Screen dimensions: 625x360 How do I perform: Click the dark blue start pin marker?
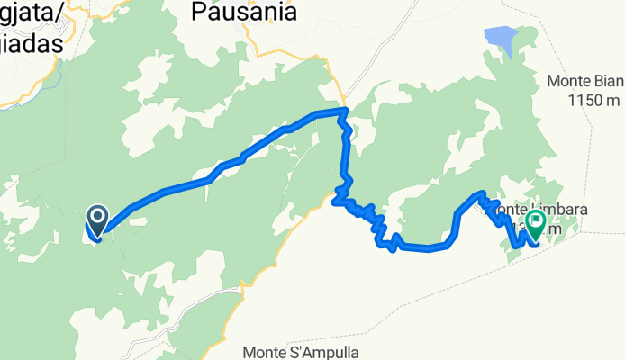(96, 219)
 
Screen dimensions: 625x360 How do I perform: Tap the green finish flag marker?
(538, 221)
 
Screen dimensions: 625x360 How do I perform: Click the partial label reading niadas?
(32, 42)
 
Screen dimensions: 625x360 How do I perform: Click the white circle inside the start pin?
(96, 216)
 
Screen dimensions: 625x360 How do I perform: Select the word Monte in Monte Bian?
(568, 81)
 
